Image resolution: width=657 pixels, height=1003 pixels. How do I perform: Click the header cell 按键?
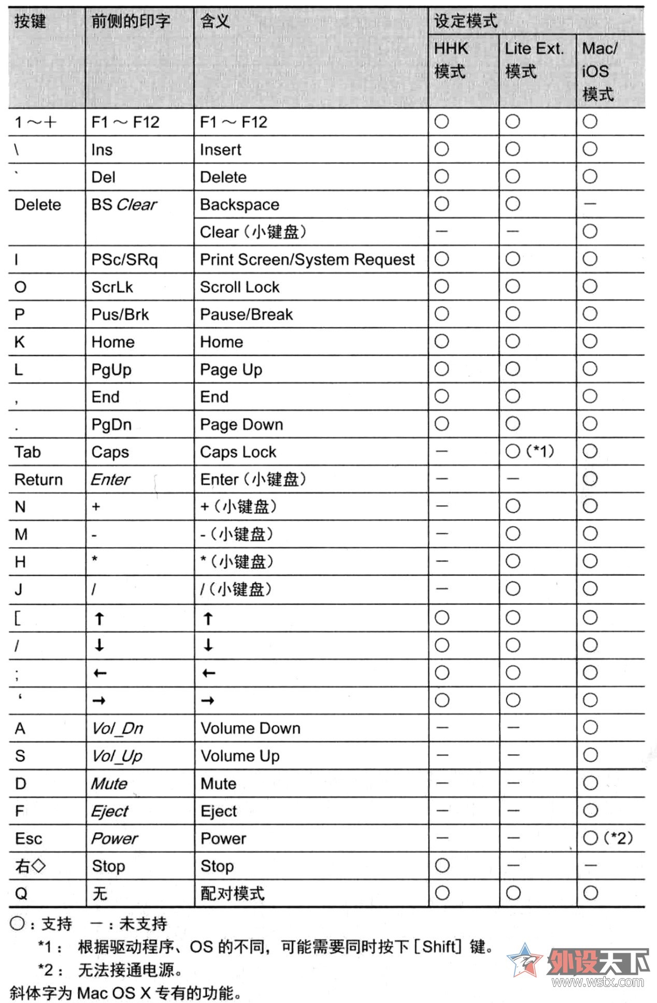30,22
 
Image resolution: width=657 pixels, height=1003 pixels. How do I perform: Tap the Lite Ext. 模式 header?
534,60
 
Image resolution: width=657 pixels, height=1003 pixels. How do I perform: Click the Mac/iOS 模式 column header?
599,71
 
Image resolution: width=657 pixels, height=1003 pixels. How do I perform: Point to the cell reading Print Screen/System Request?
307,260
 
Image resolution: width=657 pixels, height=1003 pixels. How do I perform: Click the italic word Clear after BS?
136,205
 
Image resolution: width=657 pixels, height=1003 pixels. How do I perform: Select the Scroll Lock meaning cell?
239,287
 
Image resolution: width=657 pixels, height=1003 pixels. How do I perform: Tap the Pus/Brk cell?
120,314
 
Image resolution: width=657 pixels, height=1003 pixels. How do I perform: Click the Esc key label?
28,838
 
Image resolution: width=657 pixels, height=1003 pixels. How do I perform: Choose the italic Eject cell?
110,811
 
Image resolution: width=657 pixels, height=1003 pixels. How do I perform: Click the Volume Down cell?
250,728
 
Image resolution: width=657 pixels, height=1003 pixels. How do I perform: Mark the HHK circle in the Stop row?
442,865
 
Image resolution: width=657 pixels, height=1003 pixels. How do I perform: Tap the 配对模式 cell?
233,893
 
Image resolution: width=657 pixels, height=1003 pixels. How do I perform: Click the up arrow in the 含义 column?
208,618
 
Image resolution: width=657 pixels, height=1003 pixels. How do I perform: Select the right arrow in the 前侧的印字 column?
99,700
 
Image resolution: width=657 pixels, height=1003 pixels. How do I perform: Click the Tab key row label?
27,452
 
